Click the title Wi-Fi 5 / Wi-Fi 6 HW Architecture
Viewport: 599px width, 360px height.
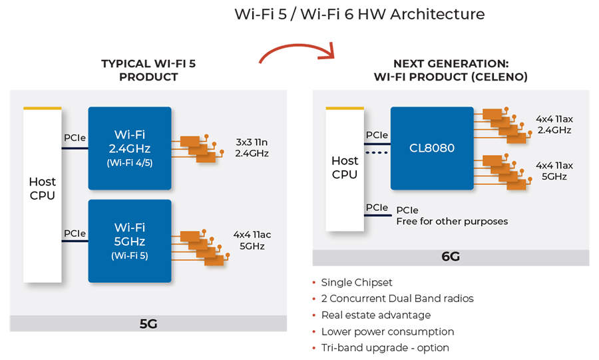coord(359,14)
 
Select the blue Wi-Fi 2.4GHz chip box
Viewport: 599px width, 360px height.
coord(130,148)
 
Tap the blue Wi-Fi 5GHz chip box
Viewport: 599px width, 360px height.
coord(130,241)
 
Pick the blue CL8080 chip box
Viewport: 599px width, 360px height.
coord(432,148)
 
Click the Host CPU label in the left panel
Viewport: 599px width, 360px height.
coord(42,188)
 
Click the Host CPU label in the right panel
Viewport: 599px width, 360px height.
coord(345,167)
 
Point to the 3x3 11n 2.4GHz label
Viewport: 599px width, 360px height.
coord(252,148)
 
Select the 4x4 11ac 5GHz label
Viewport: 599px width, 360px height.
coord(252,240)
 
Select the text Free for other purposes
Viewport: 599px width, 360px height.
coord(452,221)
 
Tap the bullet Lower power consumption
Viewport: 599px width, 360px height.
coord(387,331)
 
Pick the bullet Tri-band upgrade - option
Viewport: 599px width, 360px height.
coord(385,347)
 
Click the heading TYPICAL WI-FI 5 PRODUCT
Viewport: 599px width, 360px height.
coord(148,70)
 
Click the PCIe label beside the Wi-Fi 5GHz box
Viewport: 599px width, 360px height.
coord(74,234)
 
